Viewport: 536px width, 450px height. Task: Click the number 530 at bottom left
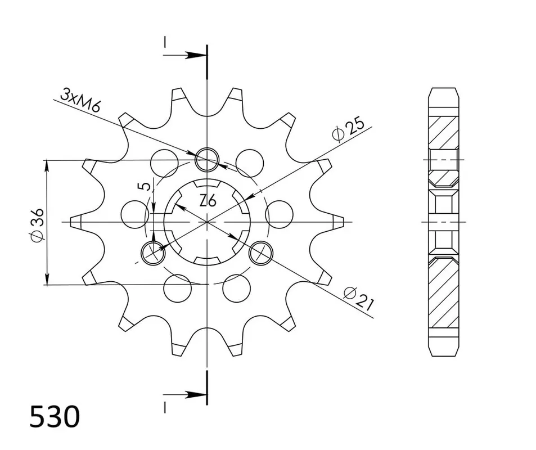(55, 416)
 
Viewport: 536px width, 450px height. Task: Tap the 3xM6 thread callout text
(80, 100)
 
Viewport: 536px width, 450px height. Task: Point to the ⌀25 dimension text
(348, 130)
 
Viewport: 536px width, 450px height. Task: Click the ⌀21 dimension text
(359, 299)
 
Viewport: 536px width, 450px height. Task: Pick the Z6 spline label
(208, 200)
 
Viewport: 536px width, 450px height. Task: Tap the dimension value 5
(145, 186)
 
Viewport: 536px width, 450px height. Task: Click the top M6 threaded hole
(206, 159)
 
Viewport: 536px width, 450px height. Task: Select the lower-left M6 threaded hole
(153, 253)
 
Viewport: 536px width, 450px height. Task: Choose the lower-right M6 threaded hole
(262, 253)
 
